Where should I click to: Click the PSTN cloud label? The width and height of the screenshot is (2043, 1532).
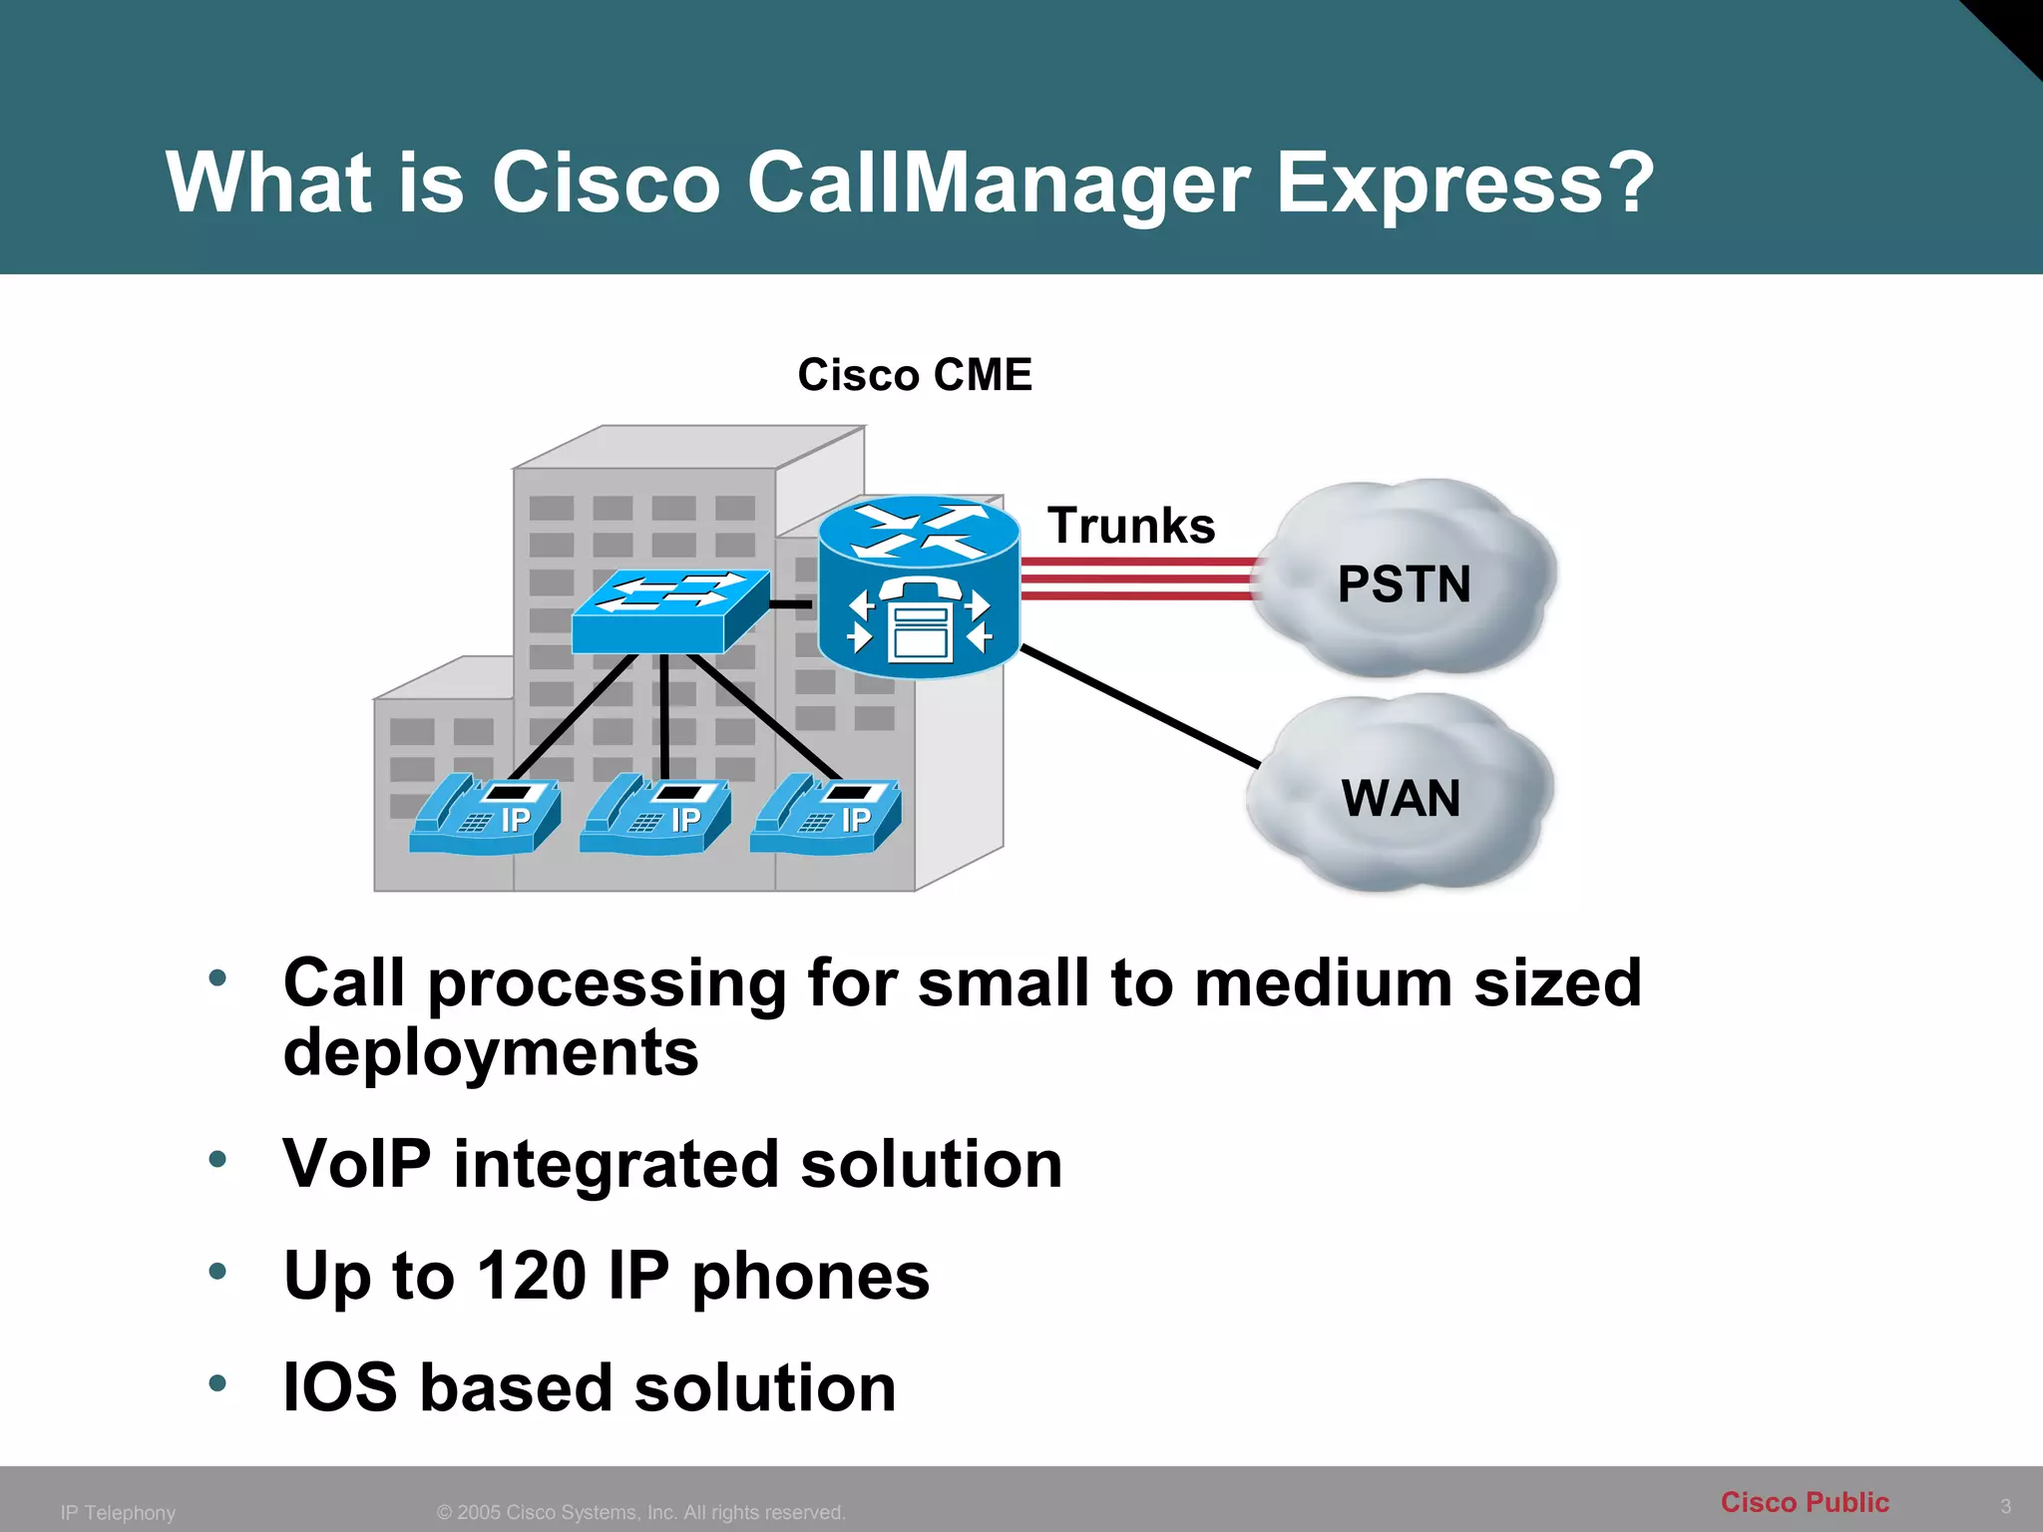[x=1404, y=584]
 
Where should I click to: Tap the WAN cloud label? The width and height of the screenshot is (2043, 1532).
[x=1401, y=799]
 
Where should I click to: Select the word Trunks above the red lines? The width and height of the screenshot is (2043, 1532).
[x=1131, y=526]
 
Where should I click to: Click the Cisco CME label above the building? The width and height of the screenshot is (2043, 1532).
[x=915, y=375]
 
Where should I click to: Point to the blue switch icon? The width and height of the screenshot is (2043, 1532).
[x=670, y=609]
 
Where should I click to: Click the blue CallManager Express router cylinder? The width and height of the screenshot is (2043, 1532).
[x=919, y=588]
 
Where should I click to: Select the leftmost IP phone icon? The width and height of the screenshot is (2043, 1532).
[x=485, y=814]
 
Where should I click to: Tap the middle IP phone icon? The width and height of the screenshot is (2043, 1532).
[x=655, y=814]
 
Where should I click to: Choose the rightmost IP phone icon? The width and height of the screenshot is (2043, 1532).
[x=826, y=814]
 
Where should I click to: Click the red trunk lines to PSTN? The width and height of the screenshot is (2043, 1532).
[x=1137, y=578]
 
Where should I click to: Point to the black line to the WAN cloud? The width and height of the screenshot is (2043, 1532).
[x=1140, y=706]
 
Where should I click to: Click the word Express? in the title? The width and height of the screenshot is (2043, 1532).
[x=1465, y=184]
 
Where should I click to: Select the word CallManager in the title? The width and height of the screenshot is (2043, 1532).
[x=999, y=186]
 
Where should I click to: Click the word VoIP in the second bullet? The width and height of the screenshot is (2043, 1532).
[x=357, y=1164]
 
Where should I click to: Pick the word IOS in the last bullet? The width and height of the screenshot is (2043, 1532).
[x=339, y=1387]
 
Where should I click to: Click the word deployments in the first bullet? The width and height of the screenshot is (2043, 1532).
[x=491, y=1053]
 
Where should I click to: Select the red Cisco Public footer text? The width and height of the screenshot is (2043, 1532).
[x=1805, y=1502]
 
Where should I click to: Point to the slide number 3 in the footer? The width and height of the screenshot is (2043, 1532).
[x=2005, y=1506]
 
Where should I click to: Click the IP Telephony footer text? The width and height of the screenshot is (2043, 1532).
[x=118, y=1513]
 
